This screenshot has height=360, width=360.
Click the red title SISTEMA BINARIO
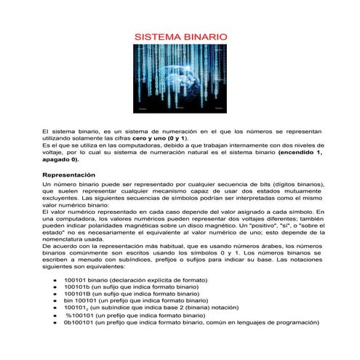(x=181, y=36)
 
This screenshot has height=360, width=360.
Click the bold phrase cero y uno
(x=148, y=137)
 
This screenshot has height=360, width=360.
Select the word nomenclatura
(x=64, y=239)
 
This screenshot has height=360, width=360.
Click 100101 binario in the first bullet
(x=87, y=280)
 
